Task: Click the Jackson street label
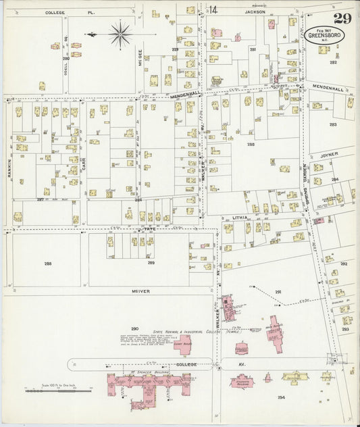point(255,12)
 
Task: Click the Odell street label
point(66,47)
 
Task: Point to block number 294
point(281,397)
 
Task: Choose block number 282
point(333,62)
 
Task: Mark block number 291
point(278,291)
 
